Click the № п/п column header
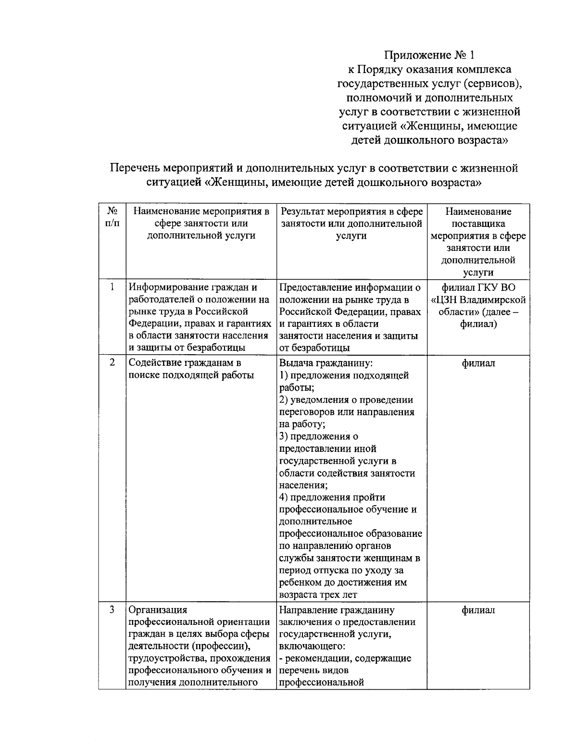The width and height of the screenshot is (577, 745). coord(112,217)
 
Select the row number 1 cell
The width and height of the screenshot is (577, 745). coord(112,287)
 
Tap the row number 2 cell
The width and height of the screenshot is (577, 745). coord(112,363)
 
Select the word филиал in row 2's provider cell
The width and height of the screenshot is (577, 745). coord(478,363)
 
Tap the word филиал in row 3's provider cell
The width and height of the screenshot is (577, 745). coord(478,610)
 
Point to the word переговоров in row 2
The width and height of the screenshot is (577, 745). coord(307,412)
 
